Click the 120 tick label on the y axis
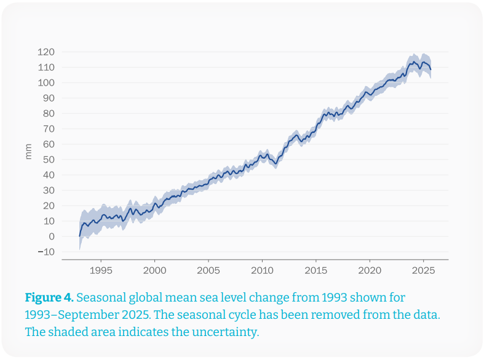point(46,52)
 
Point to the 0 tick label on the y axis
point(52,236)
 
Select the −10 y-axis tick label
point(46,252)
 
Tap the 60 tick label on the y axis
point(49,144)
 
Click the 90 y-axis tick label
point(49,98)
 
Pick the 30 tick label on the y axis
point(49,190)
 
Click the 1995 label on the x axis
point(100,270)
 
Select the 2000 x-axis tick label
point(154,270)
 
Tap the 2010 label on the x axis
point(262,270)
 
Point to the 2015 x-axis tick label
point(315,270)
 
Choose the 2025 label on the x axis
point(423,270)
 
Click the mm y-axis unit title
point(28,152)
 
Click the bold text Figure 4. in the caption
point(49,298)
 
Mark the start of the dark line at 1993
point(80,236)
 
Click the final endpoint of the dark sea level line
point(430,70)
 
